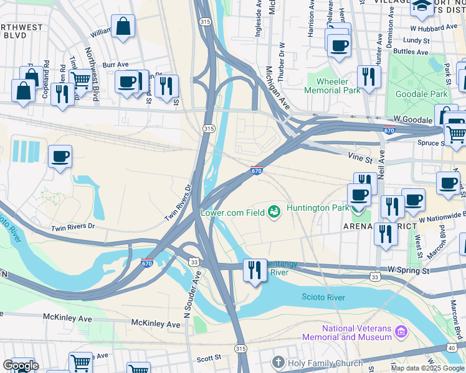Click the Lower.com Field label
232,213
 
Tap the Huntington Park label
316,208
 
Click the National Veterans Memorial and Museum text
357,333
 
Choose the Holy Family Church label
325,363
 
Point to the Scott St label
209,357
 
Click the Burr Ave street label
115,64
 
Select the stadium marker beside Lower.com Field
273,213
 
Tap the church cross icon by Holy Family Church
278,362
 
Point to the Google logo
21,366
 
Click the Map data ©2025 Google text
427,368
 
